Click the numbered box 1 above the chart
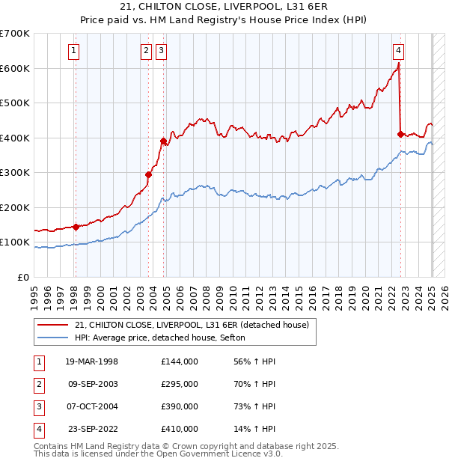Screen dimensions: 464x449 75,51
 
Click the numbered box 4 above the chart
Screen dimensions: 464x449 399,51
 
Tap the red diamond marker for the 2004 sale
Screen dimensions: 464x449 163,141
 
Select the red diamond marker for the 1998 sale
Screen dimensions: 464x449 76,227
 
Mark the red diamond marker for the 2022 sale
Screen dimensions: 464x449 400,134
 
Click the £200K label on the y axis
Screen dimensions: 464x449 16,207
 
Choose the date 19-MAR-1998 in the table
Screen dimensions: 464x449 91,361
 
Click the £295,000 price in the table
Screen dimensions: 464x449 180,384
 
